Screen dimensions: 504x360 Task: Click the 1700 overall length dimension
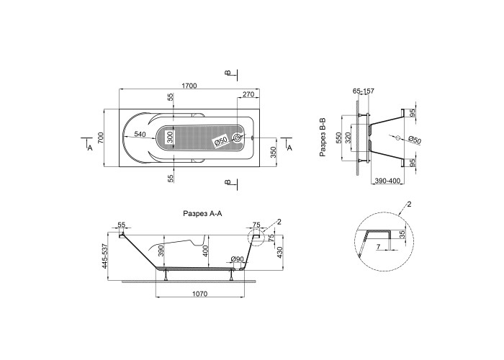[189, 86]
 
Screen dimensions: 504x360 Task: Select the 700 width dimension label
[100, 138]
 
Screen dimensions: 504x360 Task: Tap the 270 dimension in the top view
[248, 94]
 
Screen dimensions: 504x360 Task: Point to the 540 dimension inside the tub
[140, 134]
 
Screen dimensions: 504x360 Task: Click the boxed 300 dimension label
[170, 138]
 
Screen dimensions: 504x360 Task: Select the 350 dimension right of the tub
[273, 153]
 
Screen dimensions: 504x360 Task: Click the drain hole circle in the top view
[237, 138]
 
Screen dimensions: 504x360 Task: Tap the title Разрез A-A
[202, 213]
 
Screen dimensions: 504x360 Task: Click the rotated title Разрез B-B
[323, 138]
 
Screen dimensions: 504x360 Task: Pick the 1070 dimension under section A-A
[200, 294]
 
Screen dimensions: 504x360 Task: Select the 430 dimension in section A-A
[279, 253]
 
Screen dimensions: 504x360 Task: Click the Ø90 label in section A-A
[237, 259]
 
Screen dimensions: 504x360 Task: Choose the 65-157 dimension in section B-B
[364, 91]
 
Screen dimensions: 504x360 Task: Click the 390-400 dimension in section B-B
[387, 181]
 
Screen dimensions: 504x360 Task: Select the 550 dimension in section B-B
[338, 138]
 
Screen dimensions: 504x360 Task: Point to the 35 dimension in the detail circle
[402, 234]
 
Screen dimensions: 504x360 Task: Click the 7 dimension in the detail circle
[378, 246]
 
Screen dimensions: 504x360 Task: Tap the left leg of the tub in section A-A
[166, 275]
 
